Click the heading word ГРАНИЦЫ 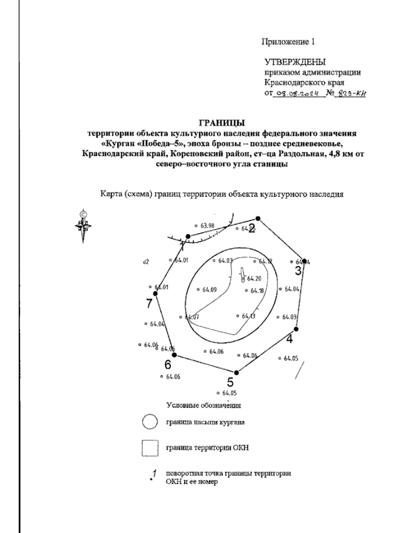[223, 123]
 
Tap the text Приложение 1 [288, 42]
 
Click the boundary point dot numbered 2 [258, 218]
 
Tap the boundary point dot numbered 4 [297, 329]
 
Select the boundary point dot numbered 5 [236, 373]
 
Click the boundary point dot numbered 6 [174, 355]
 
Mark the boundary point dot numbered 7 [155, 293]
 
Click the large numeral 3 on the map [299, 271]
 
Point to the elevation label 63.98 [207, 226]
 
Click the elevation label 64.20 [254, 278]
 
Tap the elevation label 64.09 [209, 290]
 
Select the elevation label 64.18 [256, 291]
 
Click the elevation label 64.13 [248, 316]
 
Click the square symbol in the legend [150, 448]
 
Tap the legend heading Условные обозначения [204, 405]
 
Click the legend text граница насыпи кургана [205, 422]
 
